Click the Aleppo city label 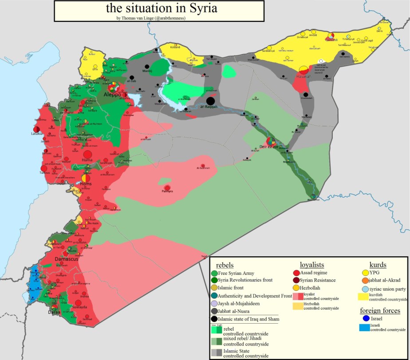[x=113, y=95]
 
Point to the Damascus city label [x=67, y=258]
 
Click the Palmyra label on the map [x=167, y=192]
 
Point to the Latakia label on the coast [x=37, y=133]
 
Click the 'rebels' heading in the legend [x=225, y=265]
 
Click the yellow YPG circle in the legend [x=365, y=273]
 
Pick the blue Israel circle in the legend [x=365, y=318]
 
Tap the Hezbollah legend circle [x=296, y=288]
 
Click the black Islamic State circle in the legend [x=215, y=319]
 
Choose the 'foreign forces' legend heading [x=380, y=310]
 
